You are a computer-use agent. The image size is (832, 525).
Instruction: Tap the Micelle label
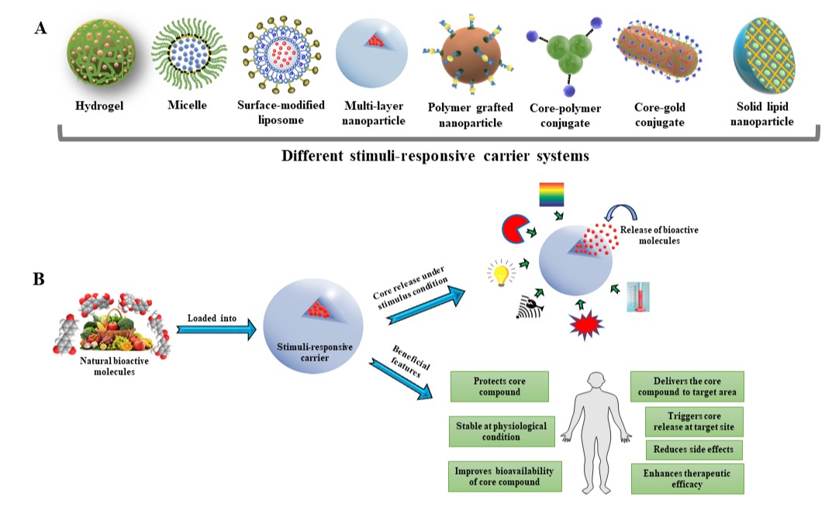(187, 105)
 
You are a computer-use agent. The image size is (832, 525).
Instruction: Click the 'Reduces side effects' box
(694, 450)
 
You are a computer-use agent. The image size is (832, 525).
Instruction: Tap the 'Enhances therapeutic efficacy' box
(688, 478)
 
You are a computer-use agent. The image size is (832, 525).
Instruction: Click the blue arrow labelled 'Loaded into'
(215, 329)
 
